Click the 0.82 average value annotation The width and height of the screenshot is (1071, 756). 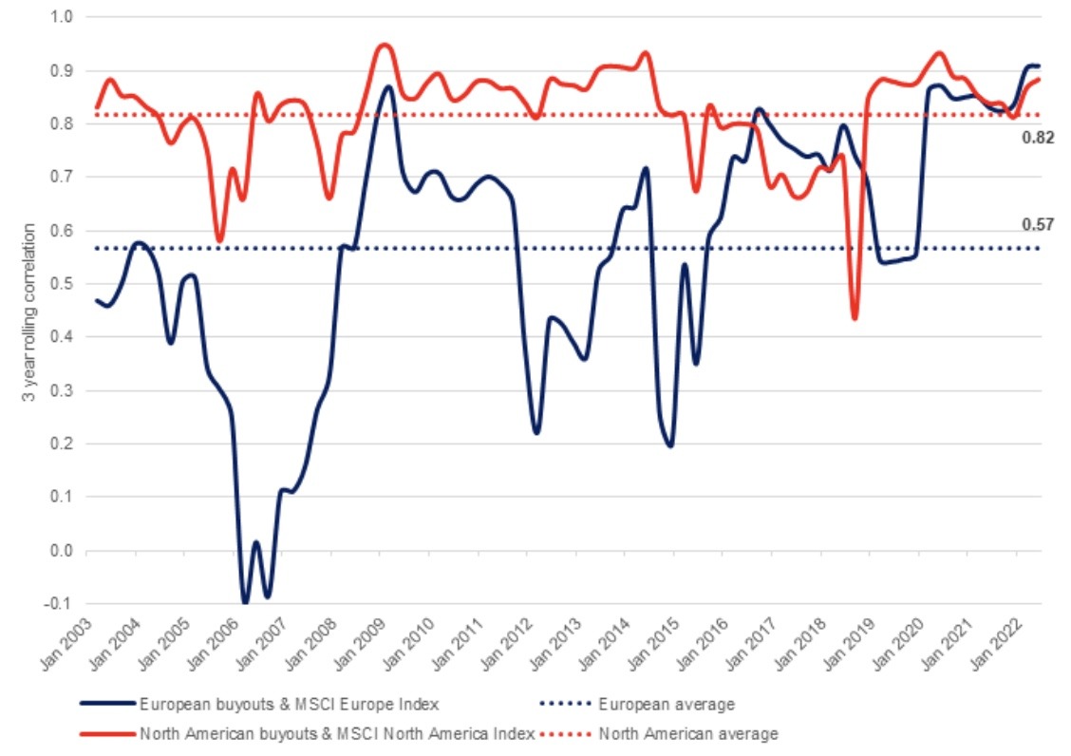coord(1038,138)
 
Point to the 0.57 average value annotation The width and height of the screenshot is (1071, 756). coord(1038,224)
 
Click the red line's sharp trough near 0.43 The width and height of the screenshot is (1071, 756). coord(855,318)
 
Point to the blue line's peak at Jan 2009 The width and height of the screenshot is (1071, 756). coord(387,86)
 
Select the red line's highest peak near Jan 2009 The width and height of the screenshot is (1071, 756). coord(384,45)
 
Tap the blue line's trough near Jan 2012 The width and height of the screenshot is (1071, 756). coord(536,433)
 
